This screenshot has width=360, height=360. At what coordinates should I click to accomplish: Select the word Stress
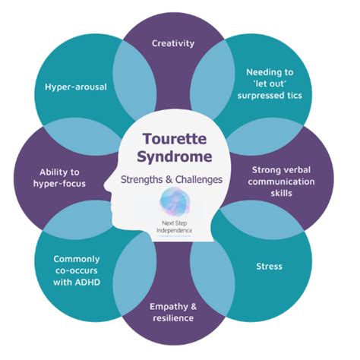[270, 267]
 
